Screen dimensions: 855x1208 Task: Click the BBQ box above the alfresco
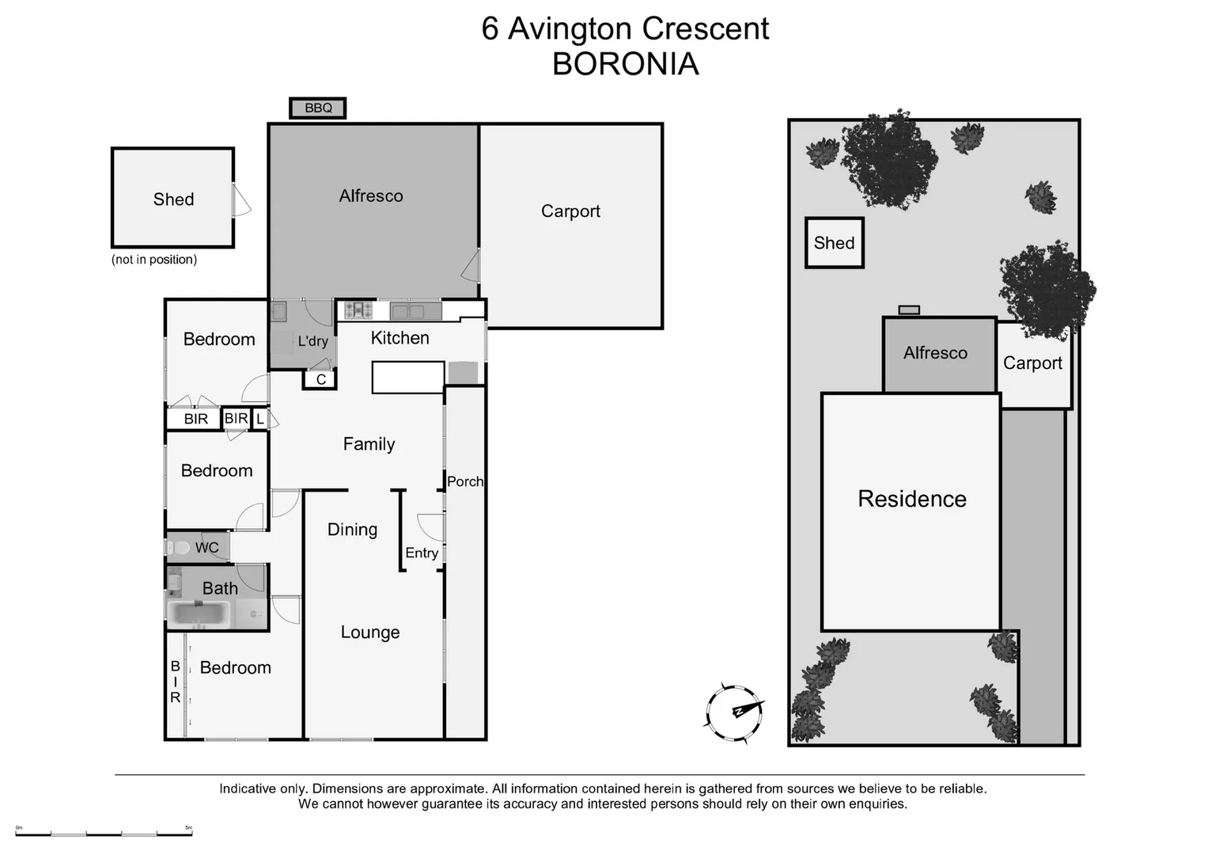click(318, 108)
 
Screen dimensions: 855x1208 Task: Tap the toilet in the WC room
click(180, 547)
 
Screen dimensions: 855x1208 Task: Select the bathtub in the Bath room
click(199, 614)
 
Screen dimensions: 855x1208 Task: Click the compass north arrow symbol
click(735, 712)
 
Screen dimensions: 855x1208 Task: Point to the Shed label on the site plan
click(834, 243)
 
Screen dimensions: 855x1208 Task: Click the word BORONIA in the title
click(625, 64)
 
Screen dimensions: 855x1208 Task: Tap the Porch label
click(464, 481)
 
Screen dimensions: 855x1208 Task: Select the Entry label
click(422, 553)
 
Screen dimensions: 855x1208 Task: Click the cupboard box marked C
click(320, 380)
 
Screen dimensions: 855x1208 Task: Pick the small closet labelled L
click(259, 419)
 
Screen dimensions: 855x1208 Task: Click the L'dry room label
click(312, 341)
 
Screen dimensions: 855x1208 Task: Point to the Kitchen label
click(400, 338)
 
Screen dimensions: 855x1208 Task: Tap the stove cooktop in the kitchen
click(358, 310)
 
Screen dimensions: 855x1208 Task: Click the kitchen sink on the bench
click(416, 311)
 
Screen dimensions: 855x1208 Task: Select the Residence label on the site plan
click(912, 499)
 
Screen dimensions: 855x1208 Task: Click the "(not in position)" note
click(154, 260)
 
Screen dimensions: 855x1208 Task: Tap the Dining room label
click(352, 530)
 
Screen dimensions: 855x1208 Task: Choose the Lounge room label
click(369, 632)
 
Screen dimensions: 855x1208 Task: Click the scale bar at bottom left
click(104, 831)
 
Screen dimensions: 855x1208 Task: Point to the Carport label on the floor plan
click(570, 211)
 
